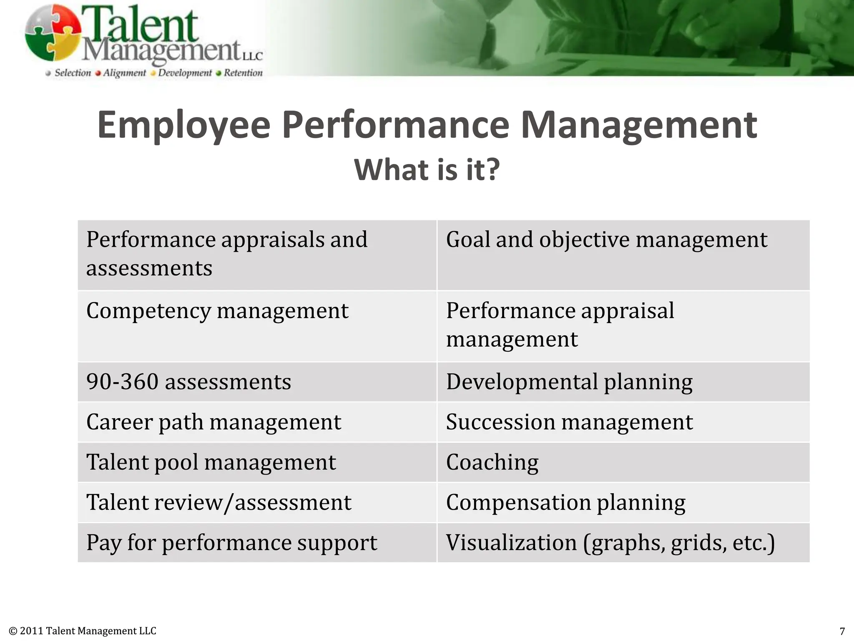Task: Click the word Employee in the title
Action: [184, 125]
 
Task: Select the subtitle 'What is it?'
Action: [427, 170]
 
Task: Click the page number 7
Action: [842, 631]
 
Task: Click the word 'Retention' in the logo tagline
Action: [243, 73]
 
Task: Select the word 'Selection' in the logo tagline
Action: [73, 73]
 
